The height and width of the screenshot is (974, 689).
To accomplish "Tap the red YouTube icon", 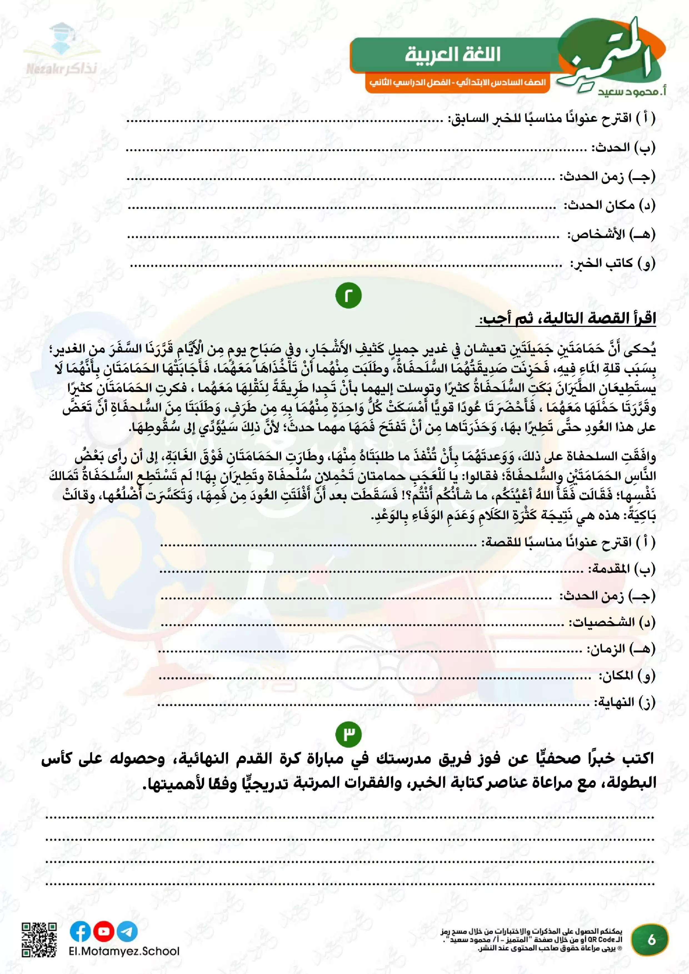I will tap(104, 931).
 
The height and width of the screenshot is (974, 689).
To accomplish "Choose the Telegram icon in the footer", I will tap(127, 931).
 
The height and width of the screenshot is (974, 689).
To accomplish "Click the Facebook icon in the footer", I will tap(80, 931).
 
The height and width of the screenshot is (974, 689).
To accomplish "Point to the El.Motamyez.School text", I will tap(124, 951).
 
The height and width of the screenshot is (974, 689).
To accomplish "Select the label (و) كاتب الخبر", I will tap(613, 264).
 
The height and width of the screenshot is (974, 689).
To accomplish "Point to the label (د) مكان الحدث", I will tap(609, 206).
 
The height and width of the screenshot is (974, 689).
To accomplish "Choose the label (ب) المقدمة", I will tap(621, 569).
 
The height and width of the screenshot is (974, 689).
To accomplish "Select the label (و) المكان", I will tap(627, 675).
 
